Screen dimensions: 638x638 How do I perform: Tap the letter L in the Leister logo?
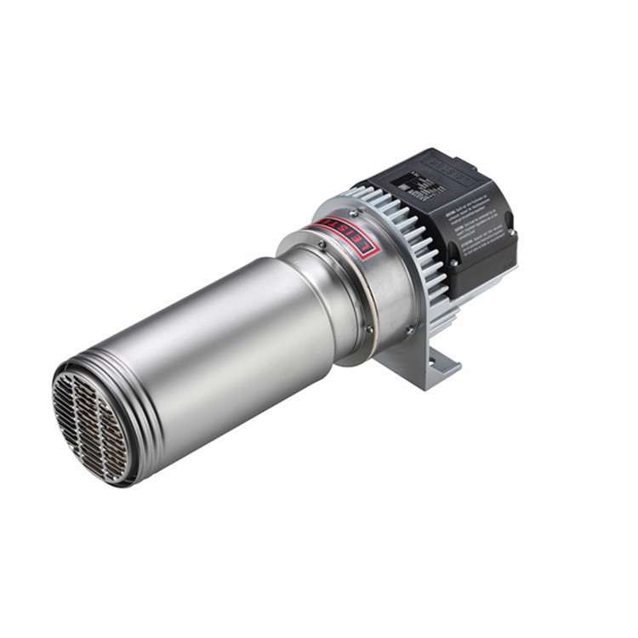click(x=364, y=249)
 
